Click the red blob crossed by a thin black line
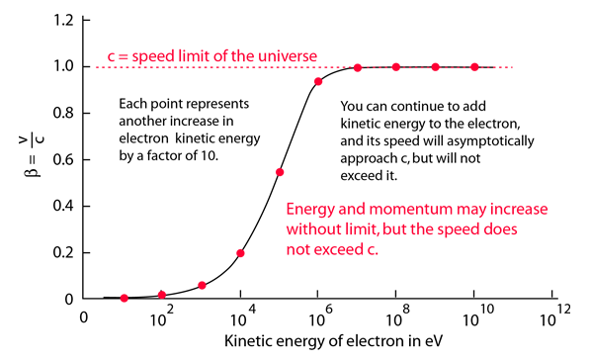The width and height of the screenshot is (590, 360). [x=198, y=49]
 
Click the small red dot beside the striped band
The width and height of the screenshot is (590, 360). [x=323, y=89]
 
